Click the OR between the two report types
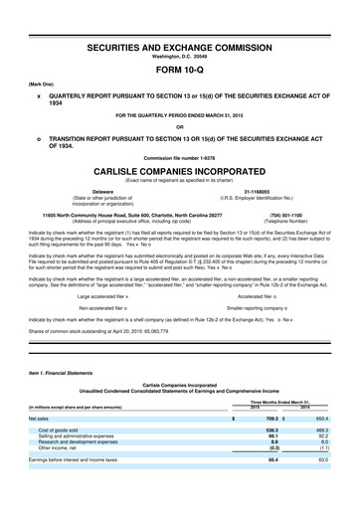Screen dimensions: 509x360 (179, 123)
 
